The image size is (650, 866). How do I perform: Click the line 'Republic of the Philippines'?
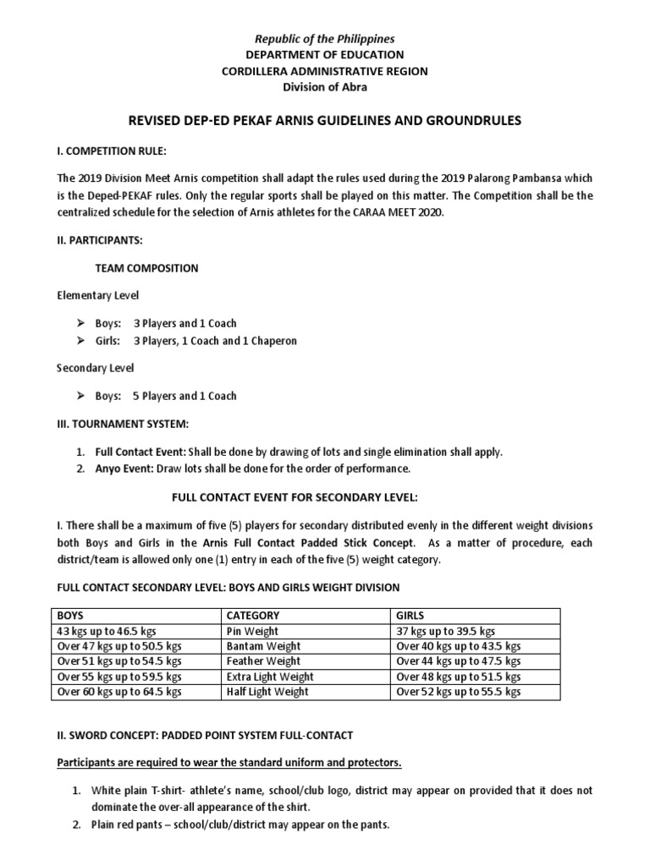coord(326,39)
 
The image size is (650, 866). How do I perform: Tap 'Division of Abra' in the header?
coord(326,87)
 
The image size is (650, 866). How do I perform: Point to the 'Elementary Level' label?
coord(97,296)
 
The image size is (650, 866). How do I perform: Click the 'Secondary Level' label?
coord(95,369)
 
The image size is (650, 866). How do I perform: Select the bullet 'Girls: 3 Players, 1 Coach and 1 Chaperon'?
coord(196,341)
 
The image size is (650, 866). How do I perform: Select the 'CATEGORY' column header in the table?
coord(253,616)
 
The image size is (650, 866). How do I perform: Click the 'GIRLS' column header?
coord(412,616)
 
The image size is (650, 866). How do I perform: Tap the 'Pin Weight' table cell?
coord(252,631)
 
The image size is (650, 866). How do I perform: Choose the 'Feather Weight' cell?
coord(263,661)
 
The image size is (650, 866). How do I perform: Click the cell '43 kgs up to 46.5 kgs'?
coord(106,631)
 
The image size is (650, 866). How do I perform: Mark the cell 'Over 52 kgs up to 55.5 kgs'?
coord(458,692)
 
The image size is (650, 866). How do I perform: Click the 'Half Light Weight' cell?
coord(267,692)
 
